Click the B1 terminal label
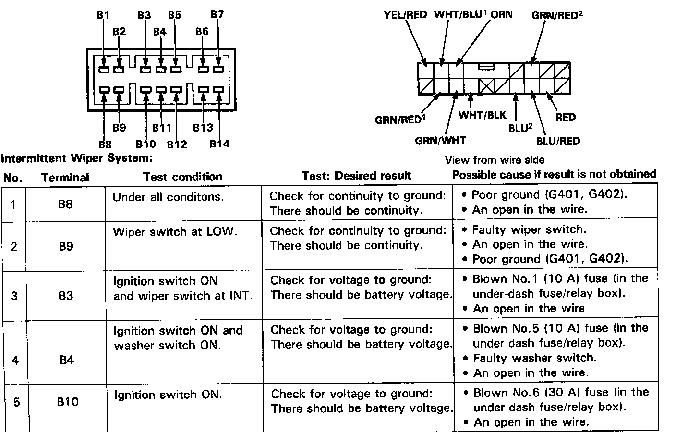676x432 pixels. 103,15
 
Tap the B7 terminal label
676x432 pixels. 217,14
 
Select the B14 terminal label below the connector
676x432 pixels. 219,144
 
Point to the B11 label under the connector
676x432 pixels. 162,128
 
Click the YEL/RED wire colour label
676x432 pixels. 405,14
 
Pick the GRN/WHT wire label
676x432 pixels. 440,141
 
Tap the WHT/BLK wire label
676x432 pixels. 482,115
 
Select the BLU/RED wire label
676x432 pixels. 558,141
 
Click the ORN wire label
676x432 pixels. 501,14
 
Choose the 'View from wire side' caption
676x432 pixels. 495,160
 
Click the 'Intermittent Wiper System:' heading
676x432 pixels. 77,158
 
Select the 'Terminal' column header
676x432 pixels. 65,178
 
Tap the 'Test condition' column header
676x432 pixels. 183,177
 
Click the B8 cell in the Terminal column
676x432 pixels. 65,204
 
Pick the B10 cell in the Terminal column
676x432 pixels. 67,401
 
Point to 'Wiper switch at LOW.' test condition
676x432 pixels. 175,232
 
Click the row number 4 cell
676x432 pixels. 15,360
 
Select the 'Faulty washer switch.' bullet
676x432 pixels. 534,358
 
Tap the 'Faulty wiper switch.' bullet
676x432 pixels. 529,229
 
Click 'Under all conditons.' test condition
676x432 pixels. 168,197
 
